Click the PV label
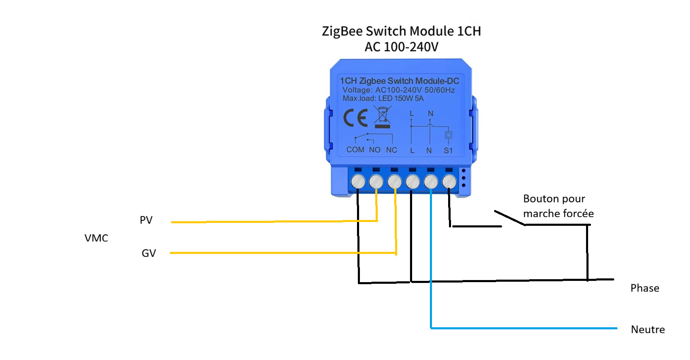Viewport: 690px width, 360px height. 146,220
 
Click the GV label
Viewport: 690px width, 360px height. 149,253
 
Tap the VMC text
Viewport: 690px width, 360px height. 96,238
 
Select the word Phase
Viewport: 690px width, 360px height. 644,288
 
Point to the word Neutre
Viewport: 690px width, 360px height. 648,330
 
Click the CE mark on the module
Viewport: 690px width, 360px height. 355,118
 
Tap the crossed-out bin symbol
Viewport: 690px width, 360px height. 382,117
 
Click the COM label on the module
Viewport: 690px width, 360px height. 355,150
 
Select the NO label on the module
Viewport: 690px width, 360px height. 375,150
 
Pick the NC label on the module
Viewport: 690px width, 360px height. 391,150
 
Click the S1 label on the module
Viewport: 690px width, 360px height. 448,150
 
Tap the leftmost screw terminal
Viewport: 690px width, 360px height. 358,181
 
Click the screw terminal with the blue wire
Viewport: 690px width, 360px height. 431,181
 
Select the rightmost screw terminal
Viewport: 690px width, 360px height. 449,181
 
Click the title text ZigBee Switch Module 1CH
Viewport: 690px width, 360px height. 401,31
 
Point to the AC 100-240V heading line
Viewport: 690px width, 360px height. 401,47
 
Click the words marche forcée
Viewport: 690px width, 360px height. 558,214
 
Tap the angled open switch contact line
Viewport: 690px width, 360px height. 510,218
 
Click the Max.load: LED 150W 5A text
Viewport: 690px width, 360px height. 383,99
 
